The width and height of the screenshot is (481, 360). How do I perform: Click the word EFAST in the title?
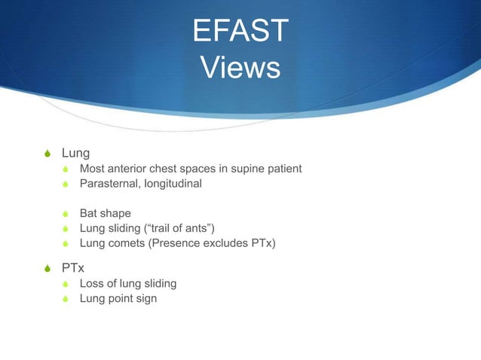(240, 31)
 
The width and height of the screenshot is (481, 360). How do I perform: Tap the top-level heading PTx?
(72, 267)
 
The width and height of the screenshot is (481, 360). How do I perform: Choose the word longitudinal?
(173, 183)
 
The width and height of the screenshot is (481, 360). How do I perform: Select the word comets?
(127, 243)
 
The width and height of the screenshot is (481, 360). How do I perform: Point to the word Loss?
(93, 283)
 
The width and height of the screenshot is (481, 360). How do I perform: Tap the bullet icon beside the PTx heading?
(48, 267)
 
